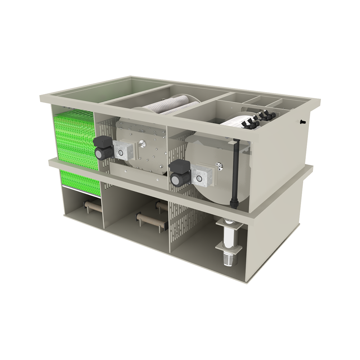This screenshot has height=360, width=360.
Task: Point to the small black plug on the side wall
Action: (x=302, y=122)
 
